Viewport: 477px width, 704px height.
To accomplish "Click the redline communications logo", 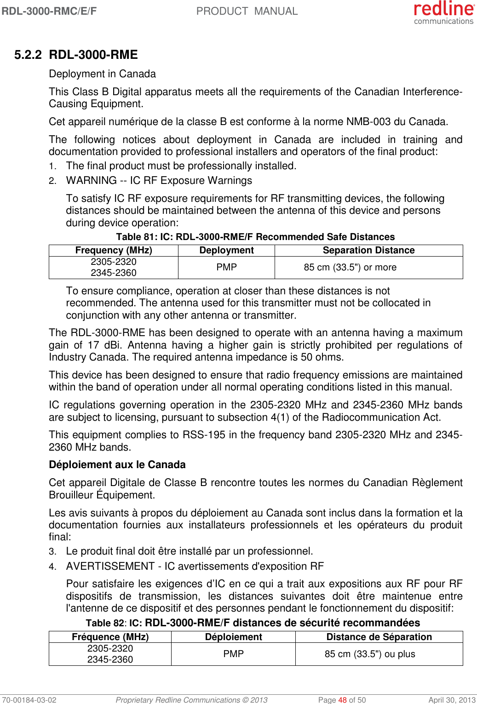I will pyautogui.click(x=443, y=12).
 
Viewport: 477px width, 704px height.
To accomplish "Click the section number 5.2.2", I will pyautogui.click(x=28, y=55).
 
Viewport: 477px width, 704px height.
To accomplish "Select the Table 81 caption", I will pyautogui.click(x=255, y=237).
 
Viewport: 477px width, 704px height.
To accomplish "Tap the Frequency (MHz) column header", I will pyautogui.click(x=114, y=250).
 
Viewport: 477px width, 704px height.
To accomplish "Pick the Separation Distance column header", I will pyautogui.click(x=368, y=250).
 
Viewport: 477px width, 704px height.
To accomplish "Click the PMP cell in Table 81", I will pyautogui.click(x=226, y=267).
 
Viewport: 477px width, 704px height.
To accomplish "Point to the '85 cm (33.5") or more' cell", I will pyautogui.click(x=350, y=267).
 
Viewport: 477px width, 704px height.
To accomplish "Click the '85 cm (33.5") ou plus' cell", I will pyautogui.click(x=370, y=654).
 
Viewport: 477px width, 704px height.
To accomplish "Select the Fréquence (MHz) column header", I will pyautogui.click(x=110, y=637).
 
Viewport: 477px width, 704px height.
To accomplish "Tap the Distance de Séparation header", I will pyautogui.click(x=379, y=637).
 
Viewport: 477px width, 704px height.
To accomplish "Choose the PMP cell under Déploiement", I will pyautogui.click(x=233, y=654).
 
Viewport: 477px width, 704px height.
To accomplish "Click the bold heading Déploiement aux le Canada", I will pyautogui.click(x=117, y=465).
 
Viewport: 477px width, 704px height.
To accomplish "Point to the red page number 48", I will pyautogui.click(x=342, y=700).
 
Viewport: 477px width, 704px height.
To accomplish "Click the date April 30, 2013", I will pyautogui.click(x=452, y=700).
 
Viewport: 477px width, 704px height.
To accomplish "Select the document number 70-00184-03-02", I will pyautogui.click(x=29, y=700).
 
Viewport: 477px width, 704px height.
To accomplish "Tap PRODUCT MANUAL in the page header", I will pyautogui.click(x=247, y=11).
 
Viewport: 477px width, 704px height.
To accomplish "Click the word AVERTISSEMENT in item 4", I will pyautogui.click(x=110, y=567).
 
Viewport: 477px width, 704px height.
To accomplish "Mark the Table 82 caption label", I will pyautogui.click(x=105, y=623).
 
